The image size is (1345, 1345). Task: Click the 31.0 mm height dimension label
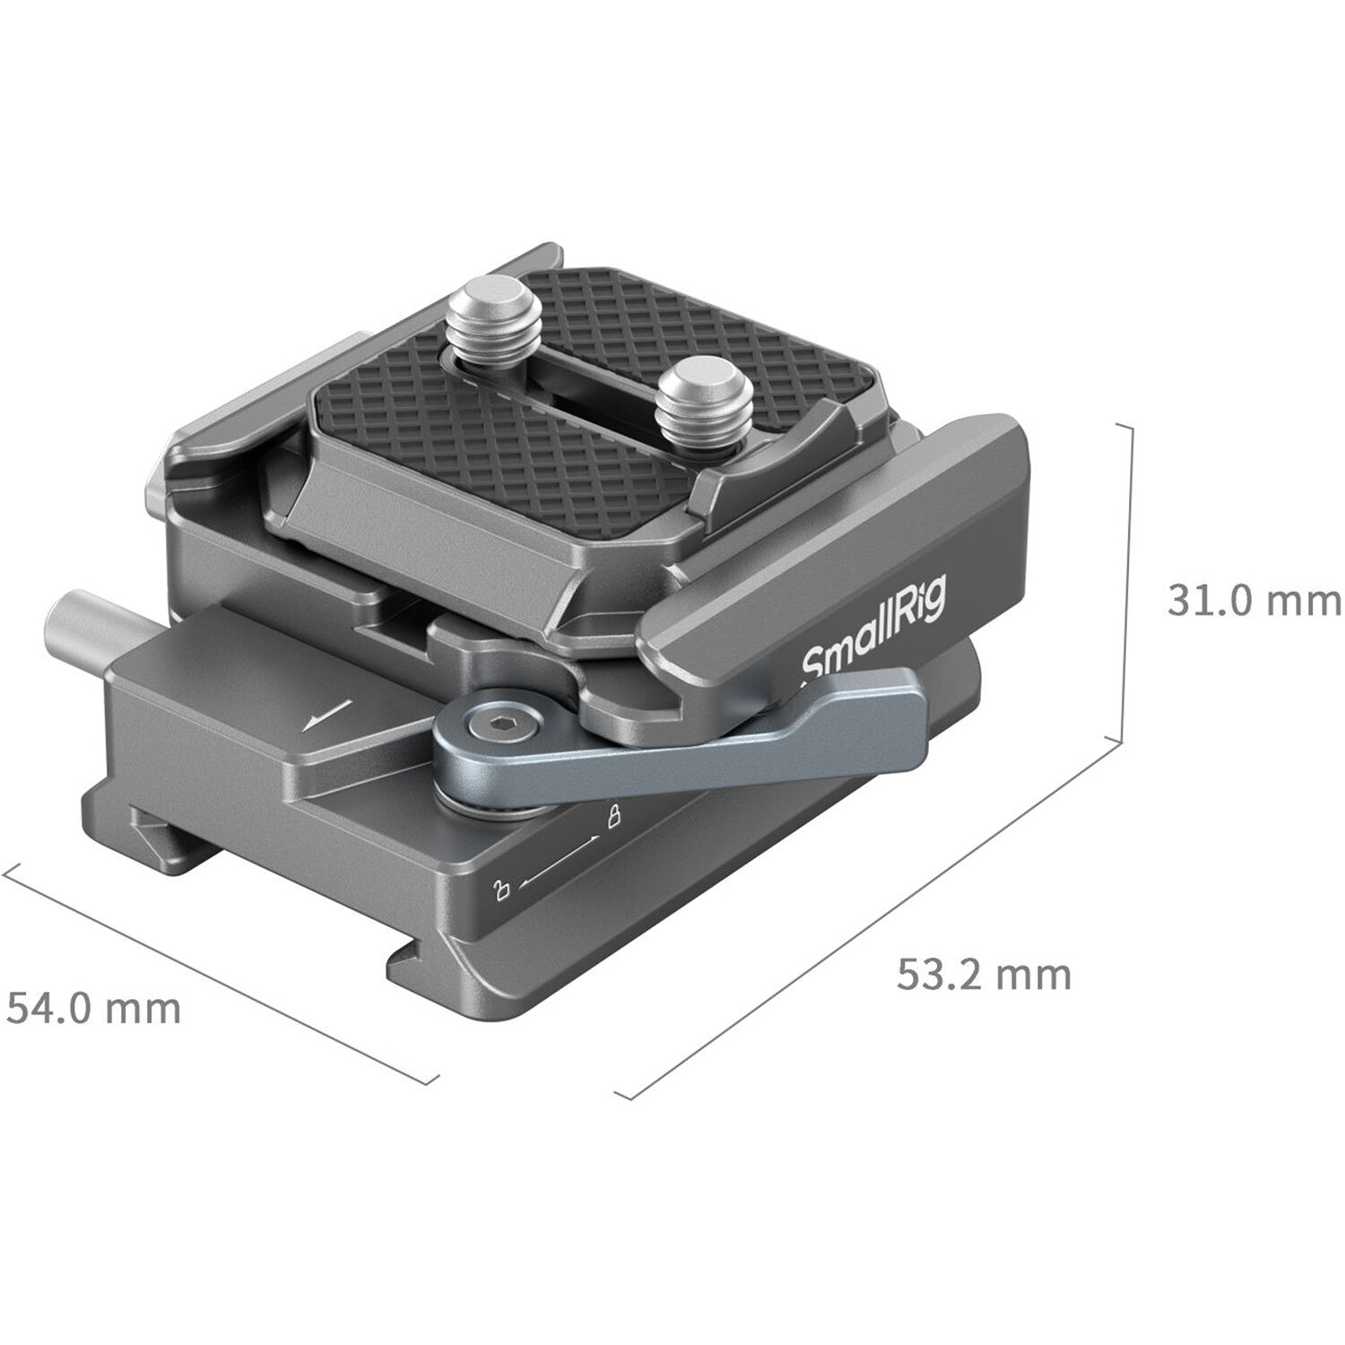pyautogui.click(x=1253, y=600)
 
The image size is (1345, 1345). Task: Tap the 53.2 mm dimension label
pyautogui.click(x=984, y=974)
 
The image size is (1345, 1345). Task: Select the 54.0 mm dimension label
pyautogui.click(x=94, y=1009)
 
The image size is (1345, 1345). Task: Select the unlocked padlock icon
pyautogui.click(x=502, y=889)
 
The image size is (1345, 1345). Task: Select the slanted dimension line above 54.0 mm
pyautogui.click(x=220, y=973)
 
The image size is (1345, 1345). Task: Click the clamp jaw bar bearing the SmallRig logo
pyautogui.click(x=843, y=574)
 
